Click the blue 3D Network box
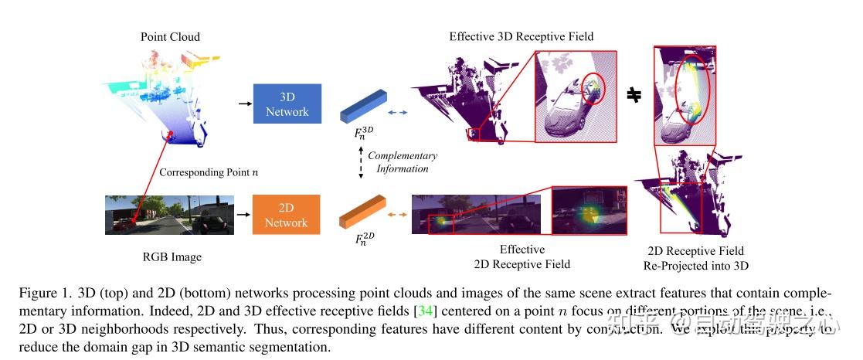pyautogui.click(x=287, y=104)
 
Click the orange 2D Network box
pyautogui.click(x=286, y=215)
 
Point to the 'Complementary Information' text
pyautogui.click(x=403, y=162)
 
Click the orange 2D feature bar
pyautogui.click(x=363, y=213)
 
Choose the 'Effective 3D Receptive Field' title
pyautogui.click(x=521, y=36)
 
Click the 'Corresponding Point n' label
pyautogui.click(x=209, y=172)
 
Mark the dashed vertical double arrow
pyautogui.click(x=359, y=163)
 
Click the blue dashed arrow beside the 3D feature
pyautogui.click(x=396, y=113)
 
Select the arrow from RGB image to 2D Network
pyautogui.click(x=244, y=215)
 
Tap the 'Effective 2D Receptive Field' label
pyautogui.click(x=522, y=256)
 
